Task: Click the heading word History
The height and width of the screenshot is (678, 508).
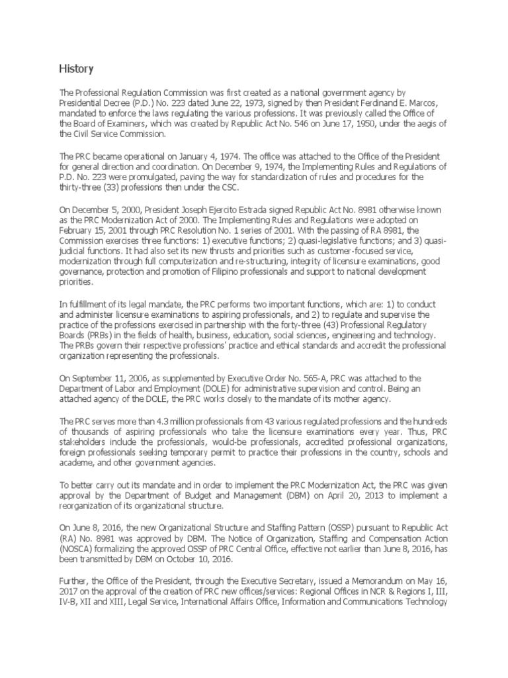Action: (x=76, y=69)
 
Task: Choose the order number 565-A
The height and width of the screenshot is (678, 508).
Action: (x=319, y=378)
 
